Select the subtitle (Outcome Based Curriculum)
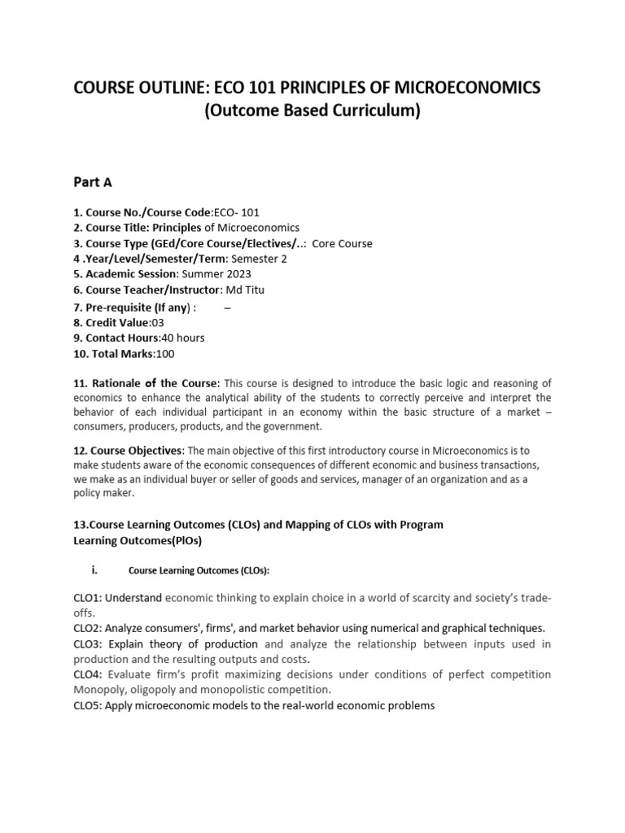pos(312,111)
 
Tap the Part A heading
pos(92,183)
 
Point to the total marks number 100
pos(165,354)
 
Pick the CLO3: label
pos(88,643)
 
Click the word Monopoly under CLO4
pos(98,690)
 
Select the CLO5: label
pos(88,705)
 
